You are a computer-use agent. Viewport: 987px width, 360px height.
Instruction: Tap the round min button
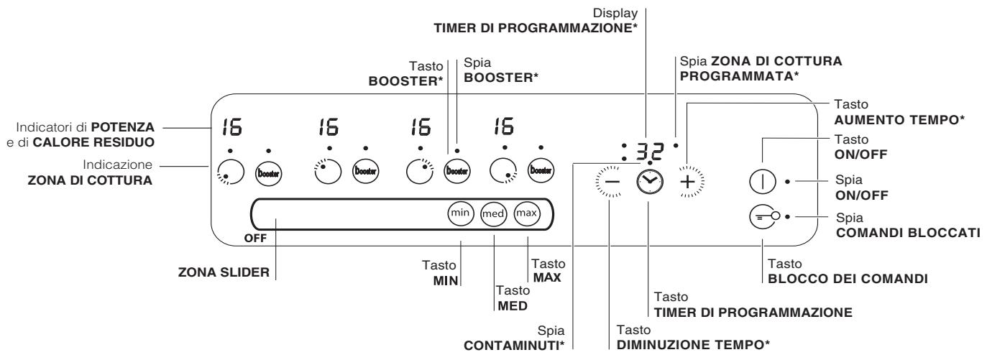[x=461, y=213]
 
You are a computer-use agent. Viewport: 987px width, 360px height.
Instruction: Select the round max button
[x=526, y=213]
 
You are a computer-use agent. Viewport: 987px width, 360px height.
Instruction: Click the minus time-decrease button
[x=611, y=182]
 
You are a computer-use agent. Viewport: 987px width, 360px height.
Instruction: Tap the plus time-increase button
[x=688, y=182]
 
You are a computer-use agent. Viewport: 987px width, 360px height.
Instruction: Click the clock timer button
[x=649, y=181]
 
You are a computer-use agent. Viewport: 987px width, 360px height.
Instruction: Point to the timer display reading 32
[x=649, y=151]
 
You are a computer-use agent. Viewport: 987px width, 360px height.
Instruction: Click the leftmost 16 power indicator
[x=231, y=127]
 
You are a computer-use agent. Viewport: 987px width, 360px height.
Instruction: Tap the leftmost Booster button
[x=268, y=172]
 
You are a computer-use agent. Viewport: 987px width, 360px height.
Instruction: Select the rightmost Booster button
[x=541, y=170]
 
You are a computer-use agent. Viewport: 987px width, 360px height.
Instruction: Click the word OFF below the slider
[x=255, y=239]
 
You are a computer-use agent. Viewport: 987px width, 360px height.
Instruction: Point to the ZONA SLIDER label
[x=224, y=272]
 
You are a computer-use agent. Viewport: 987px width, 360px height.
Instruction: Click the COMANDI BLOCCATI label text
[x=908, y=233]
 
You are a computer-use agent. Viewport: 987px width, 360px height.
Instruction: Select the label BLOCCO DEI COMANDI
[x=848, y=279]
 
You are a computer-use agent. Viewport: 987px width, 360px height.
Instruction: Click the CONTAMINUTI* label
[x=513, y=346]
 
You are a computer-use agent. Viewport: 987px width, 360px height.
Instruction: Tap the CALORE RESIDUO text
[x=93, y=142]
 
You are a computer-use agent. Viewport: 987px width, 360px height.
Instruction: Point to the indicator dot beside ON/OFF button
[x=787, y=181]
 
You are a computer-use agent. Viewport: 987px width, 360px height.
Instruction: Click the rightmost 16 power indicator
[x=504, y=126]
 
